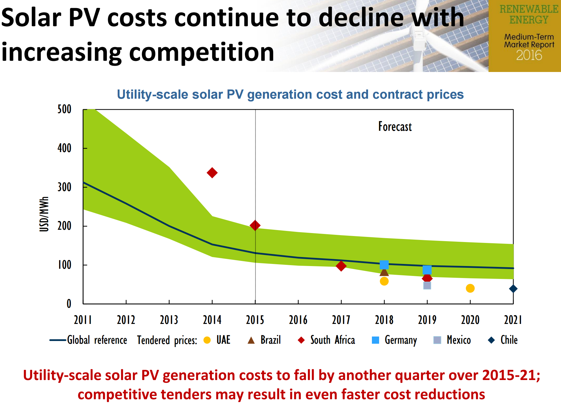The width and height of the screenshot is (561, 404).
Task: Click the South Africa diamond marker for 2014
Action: pos(212,173)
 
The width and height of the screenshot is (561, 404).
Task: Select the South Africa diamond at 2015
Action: pos(255,226)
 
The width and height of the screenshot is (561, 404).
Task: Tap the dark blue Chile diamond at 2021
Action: pos(513,289)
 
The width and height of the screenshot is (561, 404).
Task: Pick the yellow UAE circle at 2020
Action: pos(470,288)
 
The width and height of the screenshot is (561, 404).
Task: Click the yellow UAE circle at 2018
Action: pos(384,281)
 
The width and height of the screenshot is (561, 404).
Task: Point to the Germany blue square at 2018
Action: pos(384,265)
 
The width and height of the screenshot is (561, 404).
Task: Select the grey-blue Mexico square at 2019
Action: pos(427,286)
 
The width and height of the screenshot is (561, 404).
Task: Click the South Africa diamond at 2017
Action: pos(341,266)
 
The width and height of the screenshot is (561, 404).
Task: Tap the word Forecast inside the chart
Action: pos(395,127)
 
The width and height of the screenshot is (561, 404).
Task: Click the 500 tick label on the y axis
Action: pos(65,109)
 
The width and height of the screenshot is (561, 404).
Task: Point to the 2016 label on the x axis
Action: pos(298,320)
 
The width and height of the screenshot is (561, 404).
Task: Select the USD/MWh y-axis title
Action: pos(44,214)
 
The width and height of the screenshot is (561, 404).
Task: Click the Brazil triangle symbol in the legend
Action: pos(251,340)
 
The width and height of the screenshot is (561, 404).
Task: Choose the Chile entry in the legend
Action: pos(509,340)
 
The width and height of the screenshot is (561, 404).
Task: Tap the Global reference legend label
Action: pos(97,340)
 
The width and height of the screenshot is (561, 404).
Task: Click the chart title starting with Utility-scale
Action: pos(290,94)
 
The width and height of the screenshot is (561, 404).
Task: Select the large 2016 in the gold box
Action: pos(529,55)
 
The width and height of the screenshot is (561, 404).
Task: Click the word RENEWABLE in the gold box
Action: pos(529,9)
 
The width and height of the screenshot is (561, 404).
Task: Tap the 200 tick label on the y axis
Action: pos(65,226)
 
